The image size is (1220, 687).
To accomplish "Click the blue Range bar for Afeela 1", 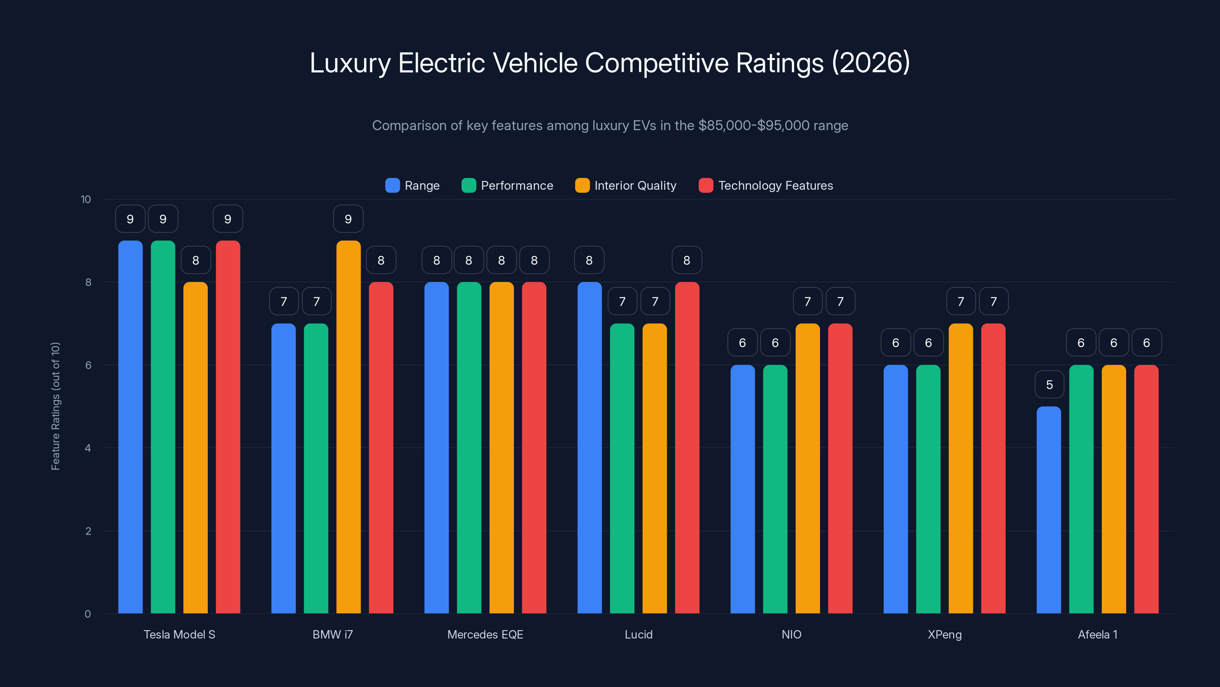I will pyautogui.click(x=1048, y=510).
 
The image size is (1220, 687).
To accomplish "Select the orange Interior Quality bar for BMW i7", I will pyautogui.click(x=348, y=427).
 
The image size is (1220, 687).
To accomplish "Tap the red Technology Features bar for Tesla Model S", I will pyautogui.click(x=228, y=427).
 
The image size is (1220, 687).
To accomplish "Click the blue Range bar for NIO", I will pyautogui.click(x=742, y=489).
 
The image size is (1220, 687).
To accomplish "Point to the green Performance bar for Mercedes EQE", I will pyautogui.click(x=469, y=448).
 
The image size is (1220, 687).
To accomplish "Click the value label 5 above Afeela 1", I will pyautogui.click(x=1049, y=384).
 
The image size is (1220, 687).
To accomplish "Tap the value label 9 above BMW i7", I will pyautogui.click(x=348, y=219).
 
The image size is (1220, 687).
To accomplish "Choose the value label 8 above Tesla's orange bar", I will pyautogui.click(x=196, y=260).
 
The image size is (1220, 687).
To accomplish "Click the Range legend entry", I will pyautogui.click(x=413, y=185).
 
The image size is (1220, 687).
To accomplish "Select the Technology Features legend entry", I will pyautogui.click(x=766, y=185).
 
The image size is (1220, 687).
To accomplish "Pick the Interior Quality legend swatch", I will pyautogui.click(x=582, y=185).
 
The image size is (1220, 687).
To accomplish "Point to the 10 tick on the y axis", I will pyautogui.click(x=86, y=199).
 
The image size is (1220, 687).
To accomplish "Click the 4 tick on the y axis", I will pyautogui.click(x=88, y=448).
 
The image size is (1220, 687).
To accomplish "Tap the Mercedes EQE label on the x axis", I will pyautogui.click(x=485, y=634).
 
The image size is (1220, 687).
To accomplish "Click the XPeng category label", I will pyautogui.click(x=944, y=634).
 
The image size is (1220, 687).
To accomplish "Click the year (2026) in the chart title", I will pyautogui.click(x=871, y=63).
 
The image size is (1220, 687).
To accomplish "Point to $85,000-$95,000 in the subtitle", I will pyautogui.click(x=753, y=126).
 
